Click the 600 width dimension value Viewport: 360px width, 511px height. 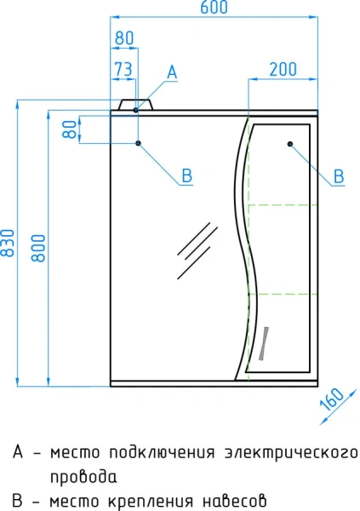click(214, 7)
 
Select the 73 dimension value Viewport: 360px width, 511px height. click(123, 69)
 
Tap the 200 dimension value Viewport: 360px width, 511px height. click(283, 69)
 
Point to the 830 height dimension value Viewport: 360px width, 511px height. click(8, 243)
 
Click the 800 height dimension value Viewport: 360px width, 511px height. click(38, 248)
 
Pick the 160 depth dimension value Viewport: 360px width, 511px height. click(332, 399)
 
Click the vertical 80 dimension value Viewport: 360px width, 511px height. click(70, 129)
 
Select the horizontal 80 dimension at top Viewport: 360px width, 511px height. click(124, 37)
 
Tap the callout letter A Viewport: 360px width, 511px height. click(172, 72)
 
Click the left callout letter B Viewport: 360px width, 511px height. click(186, 176)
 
